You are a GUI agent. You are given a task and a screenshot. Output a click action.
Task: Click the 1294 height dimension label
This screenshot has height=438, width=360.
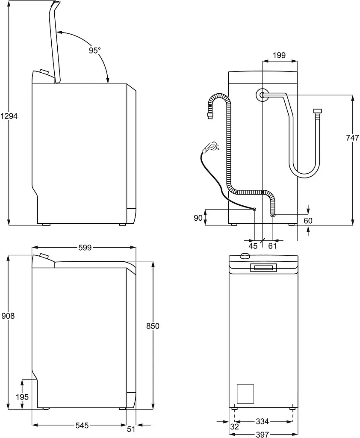tap(9, 116)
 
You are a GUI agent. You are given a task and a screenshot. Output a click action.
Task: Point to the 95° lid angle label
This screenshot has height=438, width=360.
tap(94, 50)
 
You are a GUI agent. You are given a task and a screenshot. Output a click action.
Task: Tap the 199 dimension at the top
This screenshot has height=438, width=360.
tap(279, 55)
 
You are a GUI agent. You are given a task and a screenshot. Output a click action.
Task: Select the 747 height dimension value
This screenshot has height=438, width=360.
tap(352, 138)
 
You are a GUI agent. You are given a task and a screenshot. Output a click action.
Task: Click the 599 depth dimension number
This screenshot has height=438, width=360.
tap(85, 248)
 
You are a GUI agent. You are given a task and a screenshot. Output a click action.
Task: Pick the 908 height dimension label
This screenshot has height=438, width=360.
tap(8, 316)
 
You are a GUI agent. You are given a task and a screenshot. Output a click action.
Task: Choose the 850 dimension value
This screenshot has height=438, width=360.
tap(153, 326)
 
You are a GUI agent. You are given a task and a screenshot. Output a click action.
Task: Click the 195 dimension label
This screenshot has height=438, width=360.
tap(22, 397)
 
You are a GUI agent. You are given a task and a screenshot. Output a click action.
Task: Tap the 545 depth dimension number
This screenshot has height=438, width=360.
tap(82, 426)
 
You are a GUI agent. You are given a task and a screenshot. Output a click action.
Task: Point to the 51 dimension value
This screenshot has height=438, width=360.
tap(131, 429)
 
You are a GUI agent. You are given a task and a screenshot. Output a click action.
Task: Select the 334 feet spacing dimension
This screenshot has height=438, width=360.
tap(262, 421)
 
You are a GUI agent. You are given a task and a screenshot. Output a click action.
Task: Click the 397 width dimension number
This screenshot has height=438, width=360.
tap(262, 435)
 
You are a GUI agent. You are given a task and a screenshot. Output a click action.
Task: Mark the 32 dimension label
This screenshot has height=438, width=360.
tap(235, 426)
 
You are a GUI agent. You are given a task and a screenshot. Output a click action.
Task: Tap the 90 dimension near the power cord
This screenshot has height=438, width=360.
tap(198, 218)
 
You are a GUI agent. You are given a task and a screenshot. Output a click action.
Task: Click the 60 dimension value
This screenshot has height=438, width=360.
tap(308, 221)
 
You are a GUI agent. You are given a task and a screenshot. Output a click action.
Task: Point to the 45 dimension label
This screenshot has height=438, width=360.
tap(253, 246)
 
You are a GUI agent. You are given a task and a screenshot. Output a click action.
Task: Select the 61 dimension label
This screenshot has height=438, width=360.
tap(272, 246)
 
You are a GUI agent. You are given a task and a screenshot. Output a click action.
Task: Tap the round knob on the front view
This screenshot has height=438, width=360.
tap(245, 255)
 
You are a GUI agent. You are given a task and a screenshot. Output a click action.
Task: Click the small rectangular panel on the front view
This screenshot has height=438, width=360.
tap(245, 394)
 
